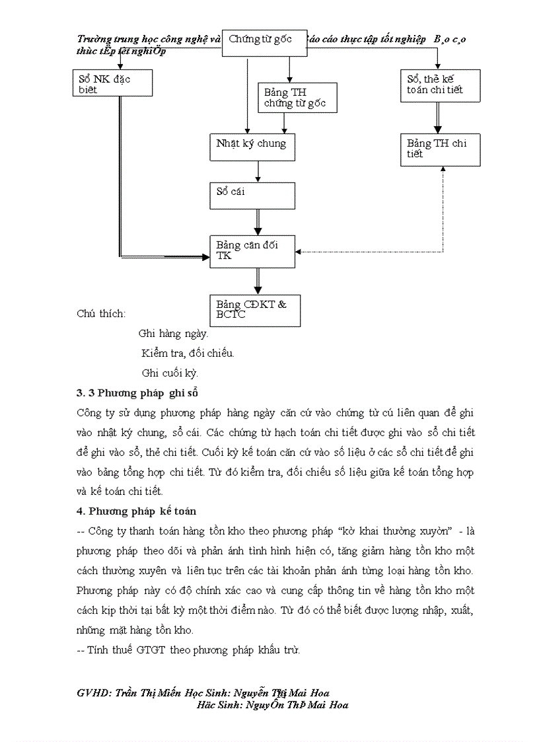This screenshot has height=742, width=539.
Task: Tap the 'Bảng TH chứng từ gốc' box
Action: [x=297, y=98]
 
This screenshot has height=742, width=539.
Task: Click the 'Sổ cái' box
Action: [x=252, y=196]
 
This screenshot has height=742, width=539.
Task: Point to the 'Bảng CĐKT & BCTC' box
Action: [x=254, y=310]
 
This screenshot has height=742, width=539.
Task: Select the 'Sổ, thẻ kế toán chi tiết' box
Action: [x=440, y=85]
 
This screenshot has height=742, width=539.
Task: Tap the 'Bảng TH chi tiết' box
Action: [x=440, y=149]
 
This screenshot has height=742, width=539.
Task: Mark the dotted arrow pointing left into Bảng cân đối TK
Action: [x=370, y=252]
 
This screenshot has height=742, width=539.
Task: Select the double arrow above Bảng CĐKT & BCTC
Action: [x=258, y=281]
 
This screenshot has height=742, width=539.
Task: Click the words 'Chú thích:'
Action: [x=101, y=314]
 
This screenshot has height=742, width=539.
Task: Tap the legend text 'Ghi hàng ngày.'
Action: [x=173, y=334]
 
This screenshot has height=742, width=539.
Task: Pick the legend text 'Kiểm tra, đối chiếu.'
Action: [x=188, y=353]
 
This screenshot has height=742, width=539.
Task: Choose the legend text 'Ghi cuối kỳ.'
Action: [x=170, y=373]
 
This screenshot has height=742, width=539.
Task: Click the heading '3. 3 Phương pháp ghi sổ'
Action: [x=137, y=393]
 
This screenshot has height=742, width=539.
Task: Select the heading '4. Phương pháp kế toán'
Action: [x=136, y=511]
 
